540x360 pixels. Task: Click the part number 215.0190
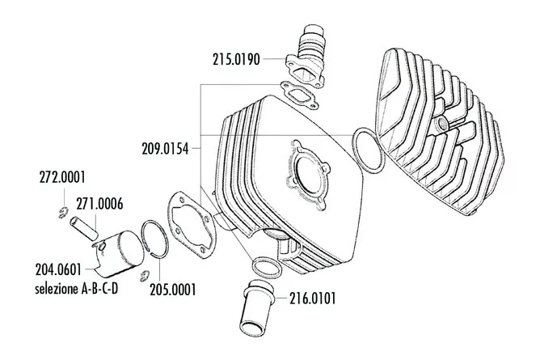tap(236, 59)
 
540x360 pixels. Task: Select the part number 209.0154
tap(165, 149)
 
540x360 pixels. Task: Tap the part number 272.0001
tap(62, 177)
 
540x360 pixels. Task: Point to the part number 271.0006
tap(99, 204)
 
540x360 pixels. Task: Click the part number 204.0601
tap(58, 269)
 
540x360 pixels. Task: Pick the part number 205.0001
tap(173, 290)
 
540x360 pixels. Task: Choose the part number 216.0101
tap(312, 299)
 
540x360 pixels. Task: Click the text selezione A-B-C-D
tap(77, 288)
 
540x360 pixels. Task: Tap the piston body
tap(118, 254)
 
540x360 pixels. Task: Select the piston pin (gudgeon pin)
tap(84, 227)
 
